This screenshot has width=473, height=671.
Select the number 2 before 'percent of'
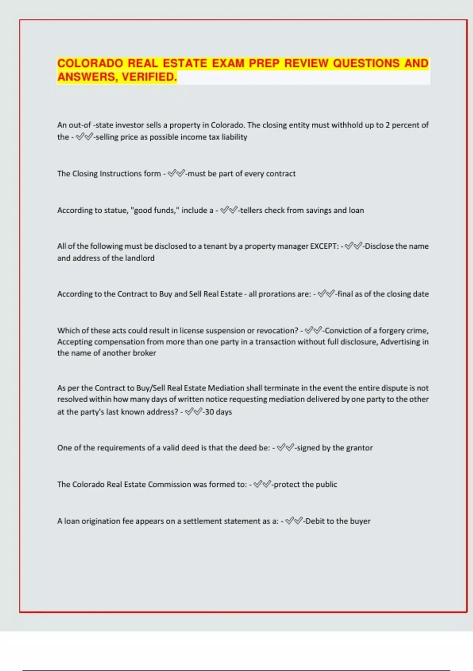click(x=387, y=125)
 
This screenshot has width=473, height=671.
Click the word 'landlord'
click(x=140, y=258)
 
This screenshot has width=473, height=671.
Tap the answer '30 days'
click(x=218, y=412)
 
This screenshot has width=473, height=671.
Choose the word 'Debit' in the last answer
click(x=314, y=521)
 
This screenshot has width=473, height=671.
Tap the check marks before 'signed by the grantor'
click(x=285, y=448)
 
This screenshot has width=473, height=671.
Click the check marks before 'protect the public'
click(x=262, y=484)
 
